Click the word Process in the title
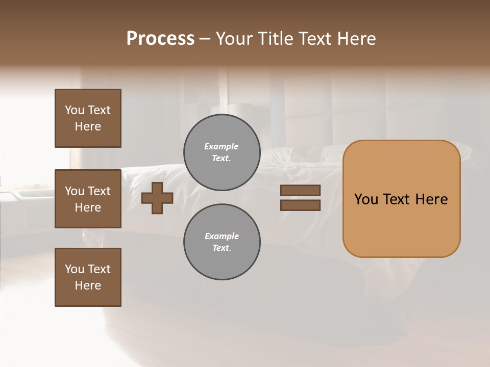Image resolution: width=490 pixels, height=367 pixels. coord(160,39)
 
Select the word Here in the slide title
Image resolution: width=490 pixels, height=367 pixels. coord(354,39)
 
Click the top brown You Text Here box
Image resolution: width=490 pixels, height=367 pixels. coord(88,118)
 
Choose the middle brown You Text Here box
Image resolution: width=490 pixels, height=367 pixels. coord(88,199)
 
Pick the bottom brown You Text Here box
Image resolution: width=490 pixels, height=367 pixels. coord(88,277)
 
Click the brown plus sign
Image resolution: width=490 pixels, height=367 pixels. coord(157,198)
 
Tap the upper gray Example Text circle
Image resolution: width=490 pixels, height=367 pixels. coord(222,152)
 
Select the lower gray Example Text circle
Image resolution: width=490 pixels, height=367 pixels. coord(222,242)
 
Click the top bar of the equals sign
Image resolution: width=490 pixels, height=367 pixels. coord(300,191)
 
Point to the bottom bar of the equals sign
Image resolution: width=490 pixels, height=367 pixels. coord(300,205)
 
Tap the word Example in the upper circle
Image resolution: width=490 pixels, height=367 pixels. coord(222,146)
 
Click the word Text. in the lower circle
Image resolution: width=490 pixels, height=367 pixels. coord(222,248)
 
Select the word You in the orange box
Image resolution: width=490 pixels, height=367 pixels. coord(366,199)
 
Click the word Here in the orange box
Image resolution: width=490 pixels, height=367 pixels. coord(431,199)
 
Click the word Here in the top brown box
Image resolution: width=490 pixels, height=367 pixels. coord(88,126)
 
